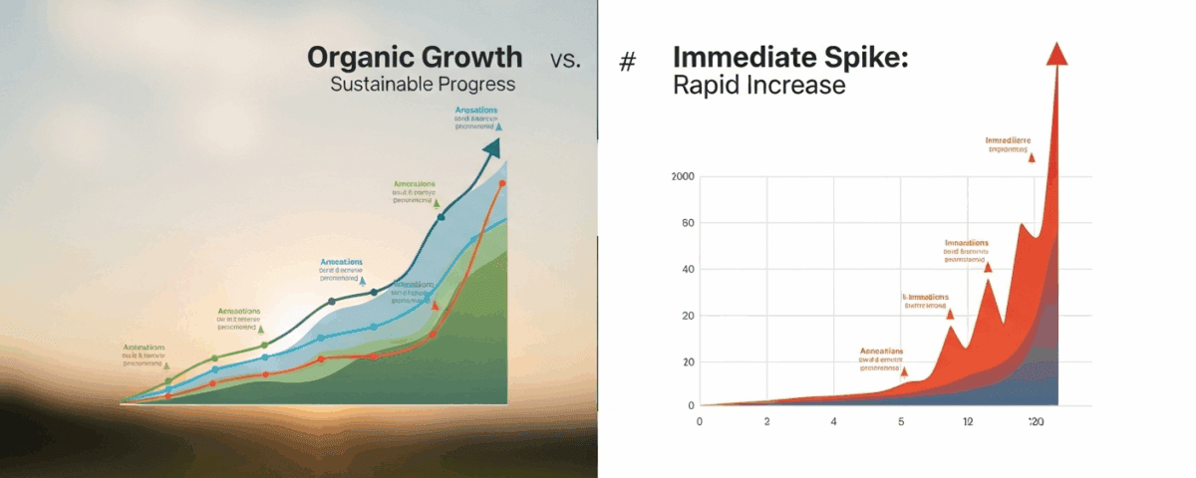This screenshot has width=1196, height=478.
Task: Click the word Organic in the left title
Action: click(x=360, y=57)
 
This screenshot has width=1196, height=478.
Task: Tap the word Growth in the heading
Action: click(x=469, y=57)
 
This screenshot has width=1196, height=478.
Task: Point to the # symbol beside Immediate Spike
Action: click(x=627, y=62)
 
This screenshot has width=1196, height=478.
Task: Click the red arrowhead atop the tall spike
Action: click(x=1057, y=55)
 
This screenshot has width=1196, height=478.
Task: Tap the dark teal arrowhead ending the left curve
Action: click(x=490, y=148)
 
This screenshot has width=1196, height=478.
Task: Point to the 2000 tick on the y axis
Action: click(x=683, y=177)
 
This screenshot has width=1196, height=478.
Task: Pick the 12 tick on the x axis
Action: click(x=968, y=421)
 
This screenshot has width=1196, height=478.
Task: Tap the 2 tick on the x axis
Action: click(x=766, y=421)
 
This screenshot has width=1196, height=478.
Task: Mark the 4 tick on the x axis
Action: click(x=833, y=421)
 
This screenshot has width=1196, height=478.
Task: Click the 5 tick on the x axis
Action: click(x=900, y=421)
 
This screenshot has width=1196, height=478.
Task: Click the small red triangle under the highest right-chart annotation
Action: click(x=1031, y=157)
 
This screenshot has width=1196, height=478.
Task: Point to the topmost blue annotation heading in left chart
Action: click(x=475, y=112)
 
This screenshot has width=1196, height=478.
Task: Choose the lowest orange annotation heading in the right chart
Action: click(x=881, y=352)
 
